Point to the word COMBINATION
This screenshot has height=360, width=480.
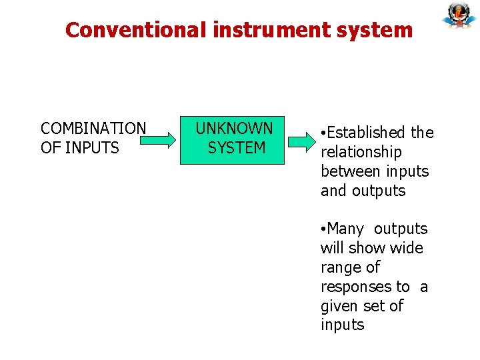click(93, 128)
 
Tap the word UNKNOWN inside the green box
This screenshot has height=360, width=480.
click(234, 128)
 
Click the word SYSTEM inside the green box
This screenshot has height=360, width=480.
click(237, 147)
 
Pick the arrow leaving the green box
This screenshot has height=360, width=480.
click(303, 141)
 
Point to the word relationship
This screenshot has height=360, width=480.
click(361, 153)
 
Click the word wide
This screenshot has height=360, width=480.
click(407, 249)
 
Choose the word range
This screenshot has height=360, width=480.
click(341, 268)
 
